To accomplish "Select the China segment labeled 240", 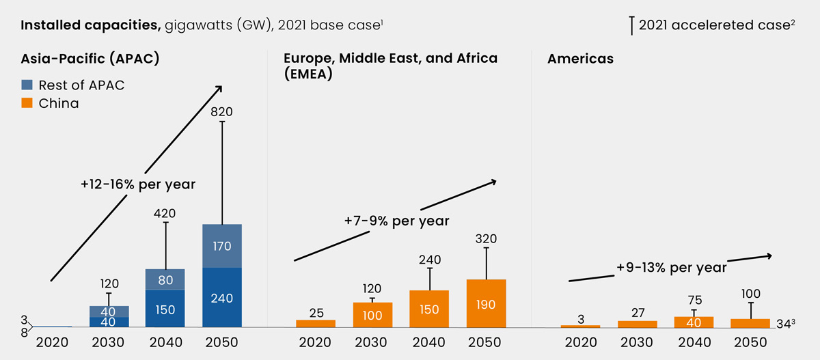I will pos(222,298).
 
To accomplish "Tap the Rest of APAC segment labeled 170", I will pos(222,246).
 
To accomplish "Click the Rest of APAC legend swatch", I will pos(28,85).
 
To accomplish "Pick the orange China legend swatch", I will pos(28,104).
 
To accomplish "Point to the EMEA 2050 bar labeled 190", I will pos(486,303).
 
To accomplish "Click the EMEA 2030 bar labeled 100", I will pos(372,315).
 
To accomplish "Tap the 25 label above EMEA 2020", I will pos(316,313).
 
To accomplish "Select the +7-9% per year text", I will pos(397,221).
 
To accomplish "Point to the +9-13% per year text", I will pos(671,268).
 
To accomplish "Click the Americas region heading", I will pos(580,59).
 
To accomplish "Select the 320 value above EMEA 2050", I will pos(486,239).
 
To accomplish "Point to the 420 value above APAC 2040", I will pos(165,213).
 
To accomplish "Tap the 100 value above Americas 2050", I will pos(751,294).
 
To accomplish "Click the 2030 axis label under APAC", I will pos(109,342).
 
